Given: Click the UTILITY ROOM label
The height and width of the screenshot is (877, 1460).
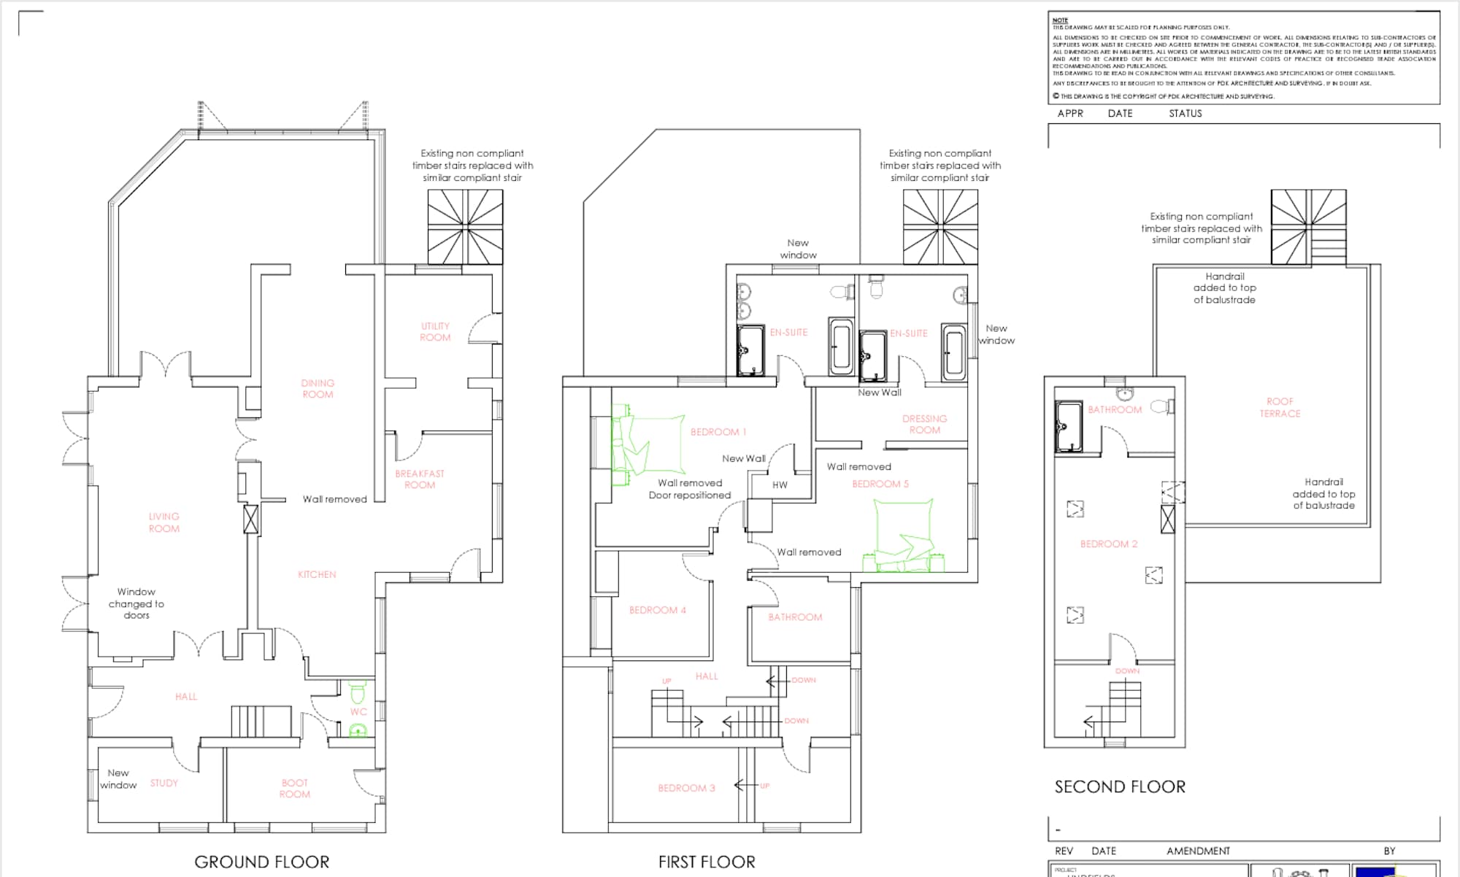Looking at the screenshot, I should point(435,332).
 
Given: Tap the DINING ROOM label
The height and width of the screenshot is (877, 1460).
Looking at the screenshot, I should point(318,389).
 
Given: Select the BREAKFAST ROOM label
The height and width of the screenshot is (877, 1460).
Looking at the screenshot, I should point(420,479).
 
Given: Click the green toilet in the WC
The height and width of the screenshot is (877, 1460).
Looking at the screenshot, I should point(358,689).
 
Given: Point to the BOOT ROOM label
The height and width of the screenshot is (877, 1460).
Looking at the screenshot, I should point(295,789).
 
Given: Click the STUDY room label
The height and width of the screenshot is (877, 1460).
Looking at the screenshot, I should point(164,783).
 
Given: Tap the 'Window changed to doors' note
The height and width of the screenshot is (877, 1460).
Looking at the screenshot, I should point(137,603).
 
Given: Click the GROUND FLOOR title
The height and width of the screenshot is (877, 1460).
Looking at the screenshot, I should point(262,862).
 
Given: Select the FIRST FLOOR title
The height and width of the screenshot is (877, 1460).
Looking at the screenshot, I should point(707,862).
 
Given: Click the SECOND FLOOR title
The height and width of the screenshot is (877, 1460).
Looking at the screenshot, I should point(1120,787).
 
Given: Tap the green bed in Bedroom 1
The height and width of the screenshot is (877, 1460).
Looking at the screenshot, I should point(647,445).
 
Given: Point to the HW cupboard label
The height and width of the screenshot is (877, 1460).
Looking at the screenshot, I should point(780,484).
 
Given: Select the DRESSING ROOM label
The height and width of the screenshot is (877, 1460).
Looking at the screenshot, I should point(924,425).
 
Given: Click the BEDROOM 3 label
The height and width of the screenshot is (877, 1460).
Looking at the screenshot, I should point(686,788).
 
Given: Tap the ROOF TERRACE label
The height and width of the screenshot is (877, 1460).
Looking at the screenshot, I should point(1280,407).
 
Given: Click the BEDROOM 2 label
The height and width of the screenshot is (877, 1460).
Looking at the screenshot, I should point(1109,544).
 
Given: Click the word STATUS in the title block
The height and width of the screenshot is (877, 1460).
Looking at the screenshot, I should point(1185,114).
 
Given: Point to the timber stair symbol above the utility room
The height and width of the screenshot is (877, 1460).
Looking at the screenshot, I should point(465,227).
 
